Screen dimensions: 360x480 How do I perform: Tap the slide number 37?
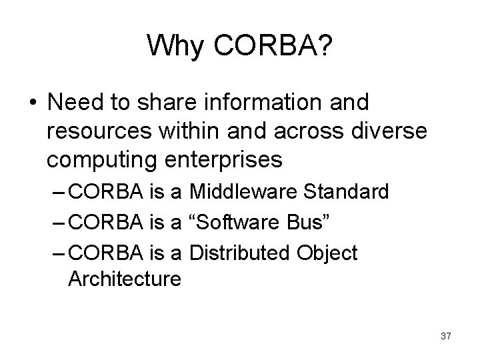(446, 336)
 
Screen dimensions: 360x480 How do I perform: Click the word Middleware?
(245, 193)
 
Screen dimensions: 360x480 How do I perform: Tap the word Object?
(329, 253)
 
